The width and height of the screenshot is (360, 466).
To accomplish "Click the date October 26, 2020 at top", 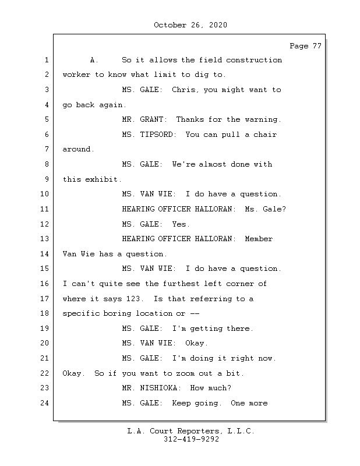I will click(190, 25).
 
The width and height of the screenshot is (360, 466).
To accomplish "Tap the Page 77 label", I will click(305, 46).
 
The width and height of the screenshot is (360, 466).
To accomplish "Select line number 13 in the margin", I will click(46, 239).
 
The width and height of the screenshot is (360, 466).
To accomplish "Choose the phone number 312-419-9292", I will click(191, 440).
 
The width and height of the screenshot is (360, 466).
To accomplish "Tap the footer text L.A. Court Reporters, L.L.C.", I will click(191, 432).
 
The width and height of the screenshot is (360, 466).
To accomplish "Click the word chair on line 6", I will click(266, 135).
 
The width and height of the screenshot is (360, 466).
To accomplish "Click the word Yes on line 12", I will click(181, 224).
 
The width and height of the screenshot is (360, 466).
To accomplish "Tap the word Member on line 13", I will click(259, 239).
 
